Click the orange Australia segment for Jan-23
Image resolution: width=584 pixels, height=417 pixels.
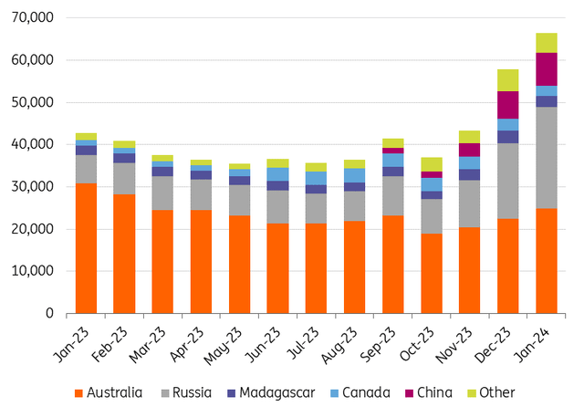(x=87, y=248)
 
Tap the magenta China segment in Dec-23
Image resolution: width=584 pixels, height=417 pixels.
(x=507, y=104)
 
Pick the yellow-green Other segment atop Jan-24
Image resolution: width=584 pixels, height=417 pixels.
(x=547, y=43)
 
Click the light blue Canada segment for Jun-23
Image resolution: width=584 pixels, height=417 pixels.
(x=278, y=174)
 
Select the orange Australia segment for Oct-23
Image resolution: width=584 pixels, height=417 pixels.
(x=432, y=273)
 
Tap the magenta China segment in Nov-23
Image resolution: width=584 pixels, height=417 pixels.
(x=470, y=150)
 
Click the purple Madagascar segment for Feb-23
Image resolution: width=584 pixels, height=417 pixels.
(x=125, y=158)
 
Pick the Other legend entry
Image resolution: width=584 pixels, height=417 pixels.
(x=490, y=393)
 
